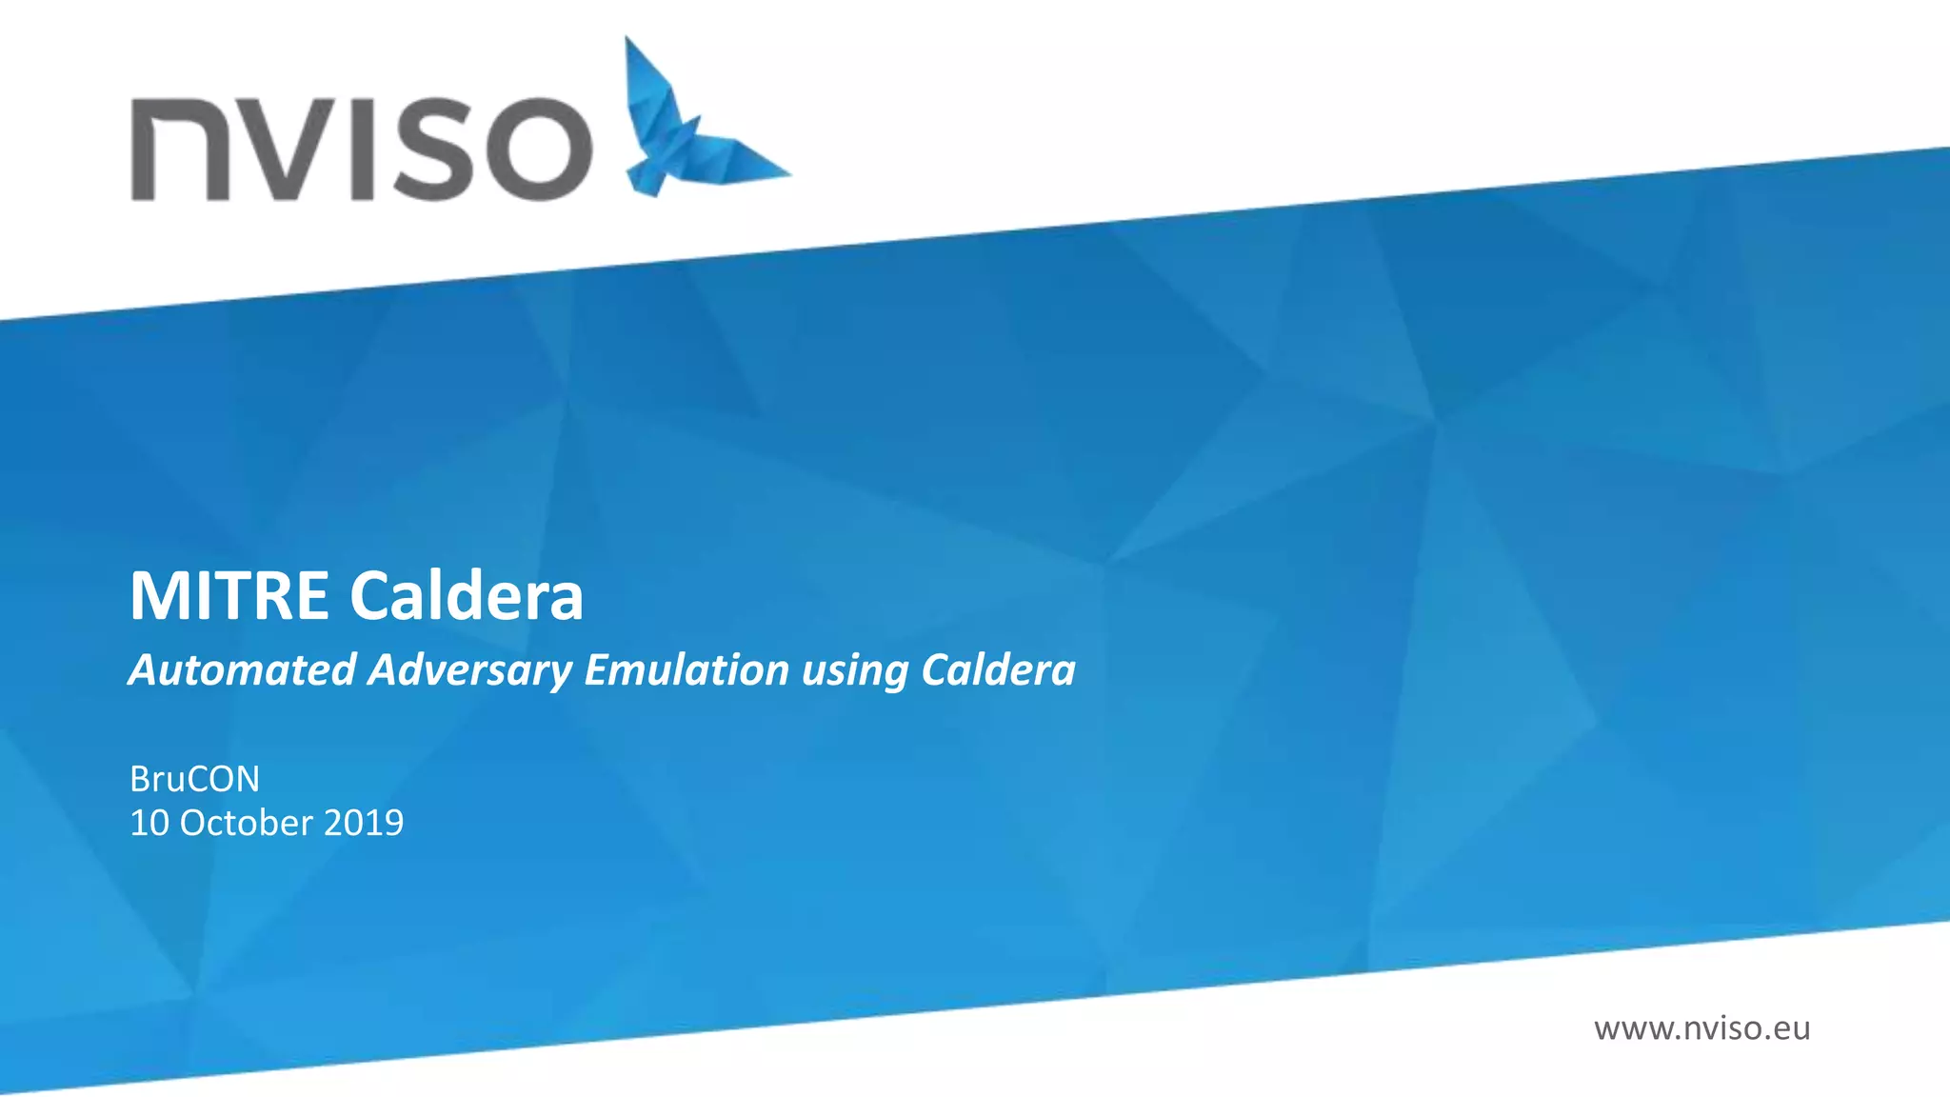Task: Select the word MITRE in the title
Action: tap(229, 597)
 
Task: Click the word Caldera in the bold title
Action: tap(467, 597)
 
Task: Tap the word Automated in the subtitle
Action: tap(243, 669)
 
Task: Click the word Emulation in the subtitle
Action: tap(686, 669)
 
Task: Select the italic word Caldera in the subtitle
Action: tap(998, 669)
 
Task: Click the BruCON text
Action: tap(194, 779)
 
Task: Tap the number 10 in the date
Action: tap(149, 823)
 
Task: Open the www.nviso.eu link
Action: tap(1701, 1028)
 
